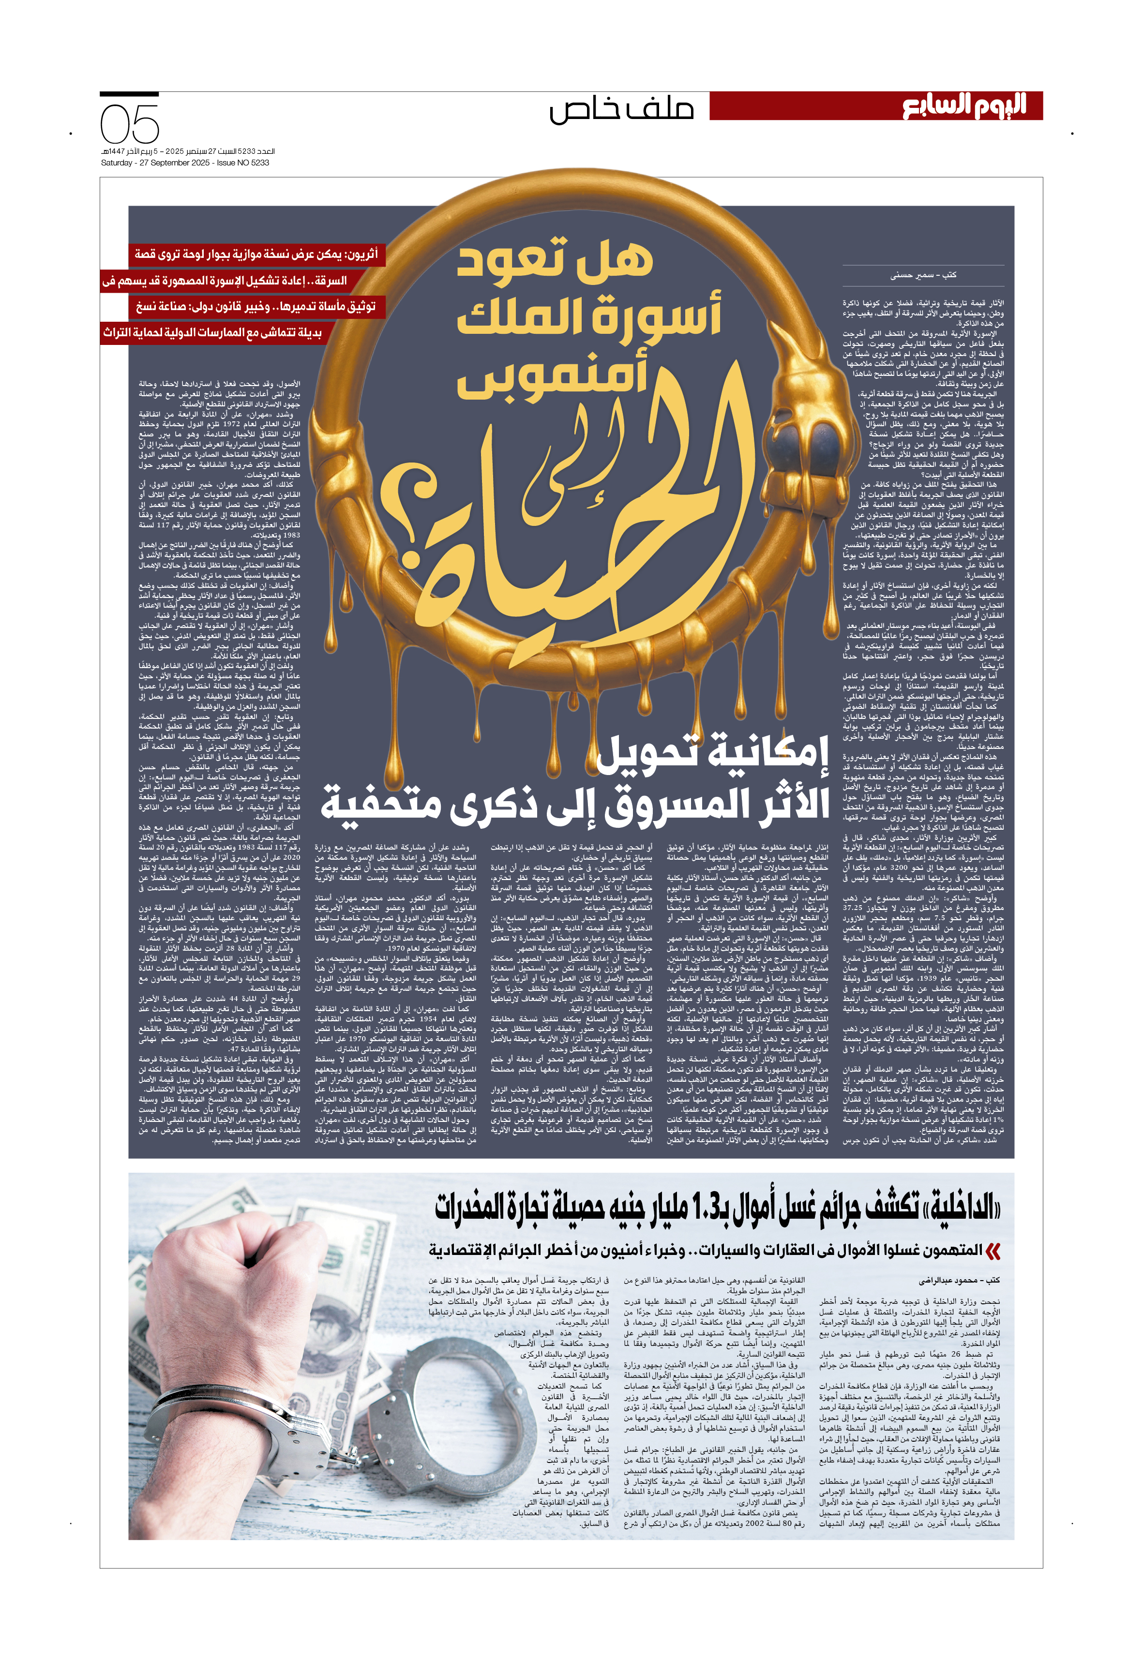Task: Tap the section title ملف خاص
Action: coord(622,109)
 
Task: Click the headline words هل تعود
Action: coord(555,259)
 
